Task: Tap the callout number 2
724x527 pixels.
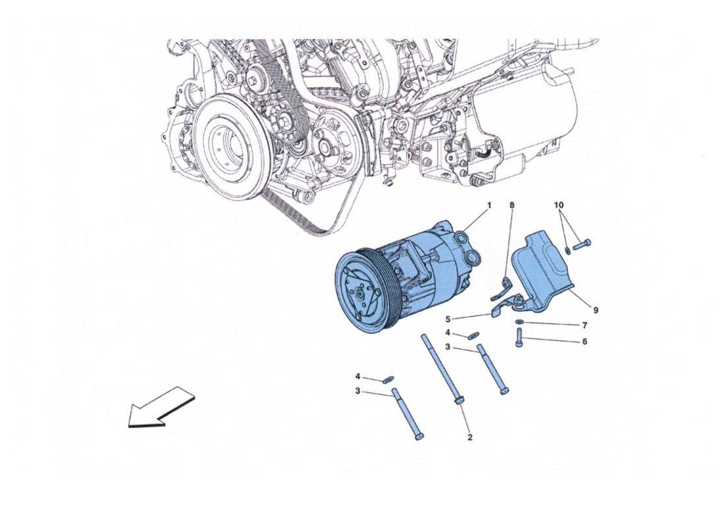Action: [470, 437]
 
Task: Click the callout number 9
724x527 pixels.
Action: [596, 309]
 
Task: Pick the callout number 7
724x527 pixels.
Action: [583, 325]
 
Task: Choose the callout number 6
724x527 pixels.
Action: [583, 342]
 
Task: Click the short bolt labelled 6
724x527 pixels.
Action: [519, 341]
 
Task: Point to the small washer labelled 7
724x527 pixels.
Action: [520, 322]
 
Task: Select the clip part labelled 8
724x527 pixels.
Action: [504, 288]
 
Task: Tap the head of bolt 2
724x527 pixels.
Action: [459, 400]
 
